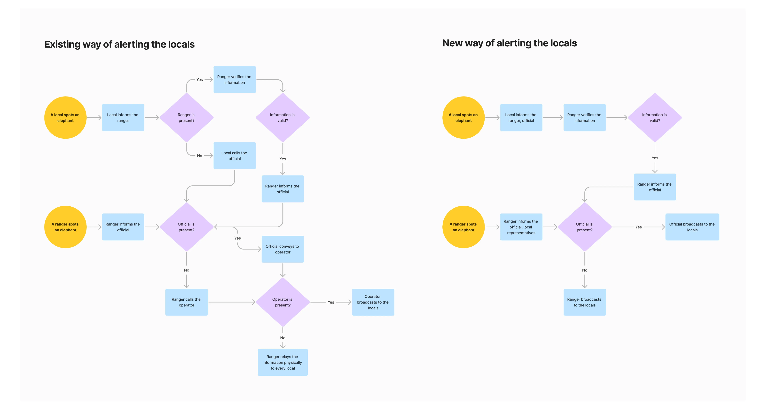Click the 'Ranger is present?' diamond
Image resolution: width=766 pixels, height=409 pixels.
(x=186, y=118)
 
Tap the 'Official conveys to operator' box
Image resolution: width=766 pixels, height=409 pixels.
(x=282, y=249)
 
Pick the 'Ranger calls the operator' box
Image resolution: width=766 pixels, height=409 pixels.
(x=186, y=302)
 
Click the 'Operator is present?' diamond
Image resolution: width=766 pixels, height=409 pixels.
(x=282, y=302)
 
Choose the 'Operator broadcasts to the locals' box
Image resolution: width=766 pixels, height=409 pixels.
(x=373, y=302)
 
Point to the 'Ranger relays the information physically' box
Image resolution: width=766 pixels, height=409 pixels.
(x=282, y=362)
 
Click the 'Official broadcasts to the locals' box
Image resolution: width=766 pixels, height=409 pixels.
(x=692, y=227)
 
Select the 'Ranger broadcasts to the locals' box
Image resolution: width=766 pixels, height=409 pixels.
(x=584, y=302)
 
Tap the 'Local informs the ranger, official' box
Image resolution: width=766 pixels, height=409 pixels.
(x=521, y=118)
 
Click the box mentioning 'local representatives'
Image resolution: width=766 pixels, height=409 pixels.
(x=521, y=227)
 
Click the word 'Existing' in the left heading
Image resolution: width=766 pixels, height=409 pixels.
(x=62, y=44)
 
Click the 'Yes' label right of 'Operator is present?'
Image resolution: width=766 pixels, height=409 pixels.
(x=331, y=302)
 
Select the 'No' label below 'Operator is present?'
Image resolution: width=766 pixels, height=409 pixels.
(x=282, y=338)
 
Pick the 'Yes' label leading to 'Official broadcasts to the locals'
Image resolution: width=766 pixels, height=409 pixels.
(x=638, y=227)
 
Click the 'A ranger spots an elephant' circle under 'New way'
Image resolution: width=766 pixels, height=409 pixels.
(x=463, y=227)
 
